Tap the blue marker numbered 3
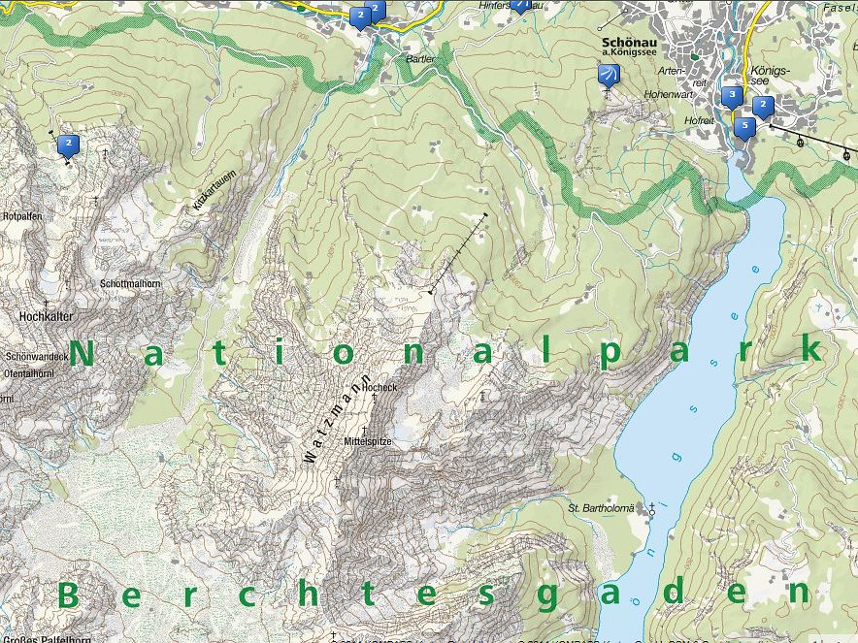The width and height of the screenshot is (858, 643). click(x=731, y=96)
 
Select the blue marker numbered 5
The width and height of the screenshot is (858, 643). click(x=745, y=126)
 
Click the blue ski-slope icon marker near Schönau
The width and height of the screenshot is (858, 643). click(x=609, y=76)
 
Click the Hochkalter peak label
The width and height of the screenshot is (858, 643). click(x=46, y=316)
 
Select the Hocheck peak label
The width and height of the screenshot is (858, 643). click(x=379, y=387)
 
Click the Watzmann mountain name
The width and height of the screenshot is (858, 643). click(x=336, y=419)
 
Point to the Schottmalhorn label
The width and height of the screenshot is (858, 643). click(x=129, y=283)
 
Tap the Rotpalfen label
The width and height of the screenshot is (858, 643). click(x=21, y=216)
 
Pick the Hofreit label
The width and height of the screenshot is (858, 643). click(x=699, y=120)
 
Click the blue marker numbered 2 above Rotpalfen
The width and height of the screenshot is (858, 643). click(x=69, y=145)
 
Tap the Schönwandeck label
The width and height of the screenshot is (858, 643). click(x=35, y=357)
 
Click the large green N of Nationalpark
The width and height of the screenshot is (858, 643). click(x=83, y=354)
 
